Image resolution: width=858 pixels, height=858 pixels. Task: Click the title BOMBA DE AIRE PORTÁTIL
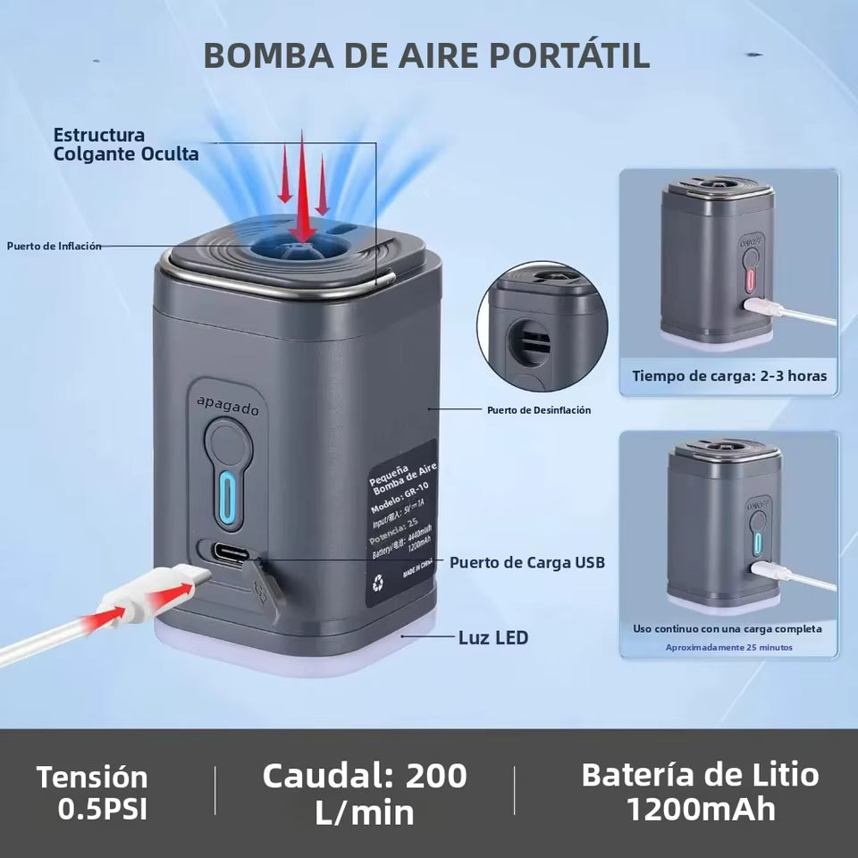click(x=426, y=55)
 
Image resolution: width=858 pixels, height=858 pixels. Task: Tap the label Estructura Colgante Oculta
click(x=125, y=144)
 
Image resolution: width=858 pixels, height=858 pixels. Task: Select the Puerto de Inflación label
click(x=55, y=246)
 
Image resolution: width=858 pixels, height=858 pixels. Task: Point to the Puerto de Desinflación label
click(x=539, y=410)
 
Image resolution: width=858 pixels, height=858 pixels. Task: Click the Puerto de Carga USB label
click(x=527, y=562)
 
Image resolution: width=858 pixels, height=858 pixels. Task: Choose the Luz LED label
click(x=493, y=637)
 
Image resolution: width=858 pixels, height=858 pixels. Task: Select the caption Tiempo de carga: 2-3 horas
click(x=729, y=376)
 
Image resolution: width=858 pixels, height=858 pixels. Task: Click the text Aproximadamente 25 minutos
click(x=728, y=647)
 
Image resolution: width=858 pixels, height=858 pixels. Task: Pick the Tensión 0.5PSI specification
click(x=92, y=792)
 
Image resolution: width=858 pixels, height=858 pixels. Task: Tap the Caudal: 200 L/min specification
click(x=365, y=793)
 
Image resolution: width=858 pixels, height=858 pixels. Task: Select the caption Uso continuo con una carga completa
click(x=728, y=628)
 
